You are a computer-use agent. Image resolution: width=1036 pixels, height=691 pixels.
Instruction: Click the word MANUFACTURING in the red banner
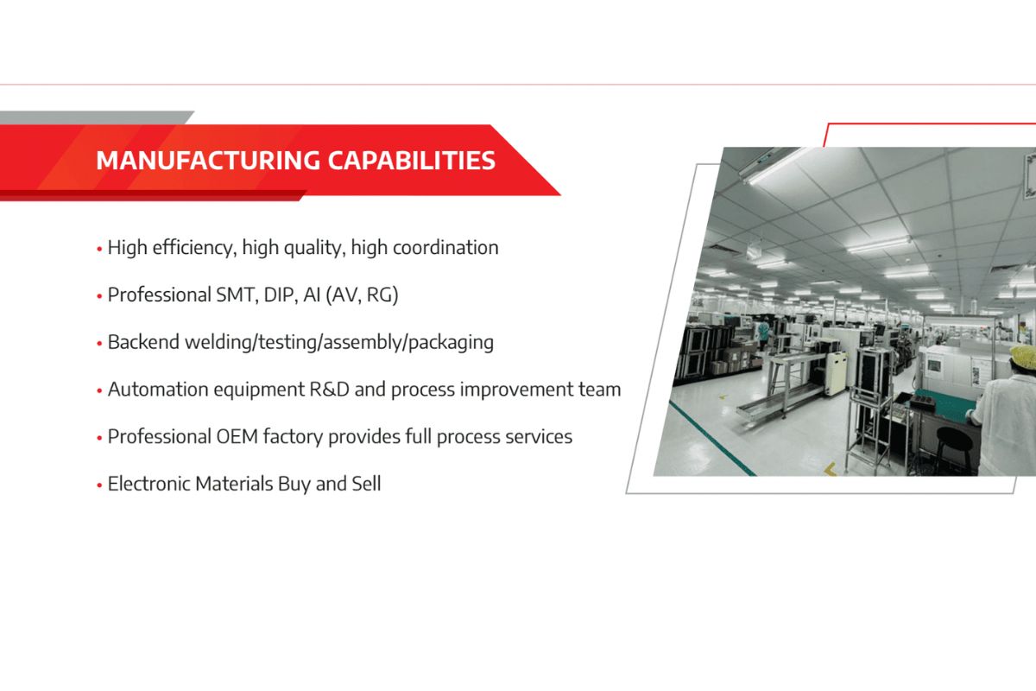coord(208,161)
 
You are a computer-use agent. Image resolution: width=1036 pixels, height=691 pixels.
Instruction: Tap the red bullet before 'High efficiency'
coord(99,249)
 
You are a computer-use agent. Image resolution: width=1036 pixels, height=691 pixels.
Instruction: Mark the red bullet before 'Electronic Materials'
coord(99,485)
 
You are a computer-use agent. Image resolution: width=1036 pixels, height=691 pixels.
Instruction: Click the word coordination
coord(445,248)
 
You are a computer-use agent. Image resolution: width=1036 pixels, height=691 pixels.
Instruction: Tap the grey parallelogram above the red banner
coord(95,117)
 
